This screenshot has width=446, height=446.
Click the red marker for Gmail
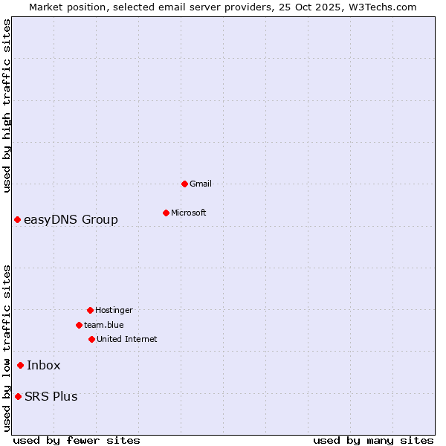click(x=184, y=184)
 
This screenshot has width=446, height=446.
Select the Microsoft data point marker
click(x=166, y=213)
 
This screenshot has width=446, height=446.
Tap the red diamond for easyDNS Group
click(x=17, y=219)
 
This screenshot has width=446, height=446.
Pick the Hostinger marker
click(x=90, y=310)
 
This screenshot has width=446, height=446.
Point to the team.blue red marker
click(x=79, y=325)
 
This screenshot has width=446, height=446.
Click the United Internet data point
click(x=91, y=339)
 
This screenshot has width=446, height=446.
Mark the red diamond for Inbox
click(x=20, y=365)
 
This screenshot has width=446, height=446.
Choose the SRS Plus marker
click(x=18, y=396)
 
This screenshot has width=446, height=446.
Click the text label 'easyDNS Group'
click(x=71, y=219)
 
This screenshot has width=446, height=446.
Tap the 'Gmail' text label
click(x=201, y=184)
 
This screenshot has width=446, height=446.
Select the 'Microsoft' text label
click(x=189, y=213)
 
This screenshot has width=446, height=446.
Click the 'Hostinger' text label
click(x=114, y=310)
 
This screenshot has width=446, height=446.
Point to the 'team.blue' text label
click(x=104, y=325)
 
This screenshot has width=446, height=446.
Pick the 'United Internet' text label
click(x=127, y=339)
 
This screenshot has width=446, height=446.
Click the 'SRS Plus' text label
click(x=51, y=396)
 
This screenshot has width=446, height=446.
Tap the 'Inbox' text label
click(x=44, y=365)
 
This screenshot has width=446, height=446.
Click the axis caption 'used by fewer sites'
click(x=77, y=440)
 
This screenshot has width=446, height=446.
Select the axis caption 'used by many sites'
click(x=373, y=440)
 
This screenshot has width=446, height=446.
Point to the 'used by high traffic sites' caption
click(x=7, y=106)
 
